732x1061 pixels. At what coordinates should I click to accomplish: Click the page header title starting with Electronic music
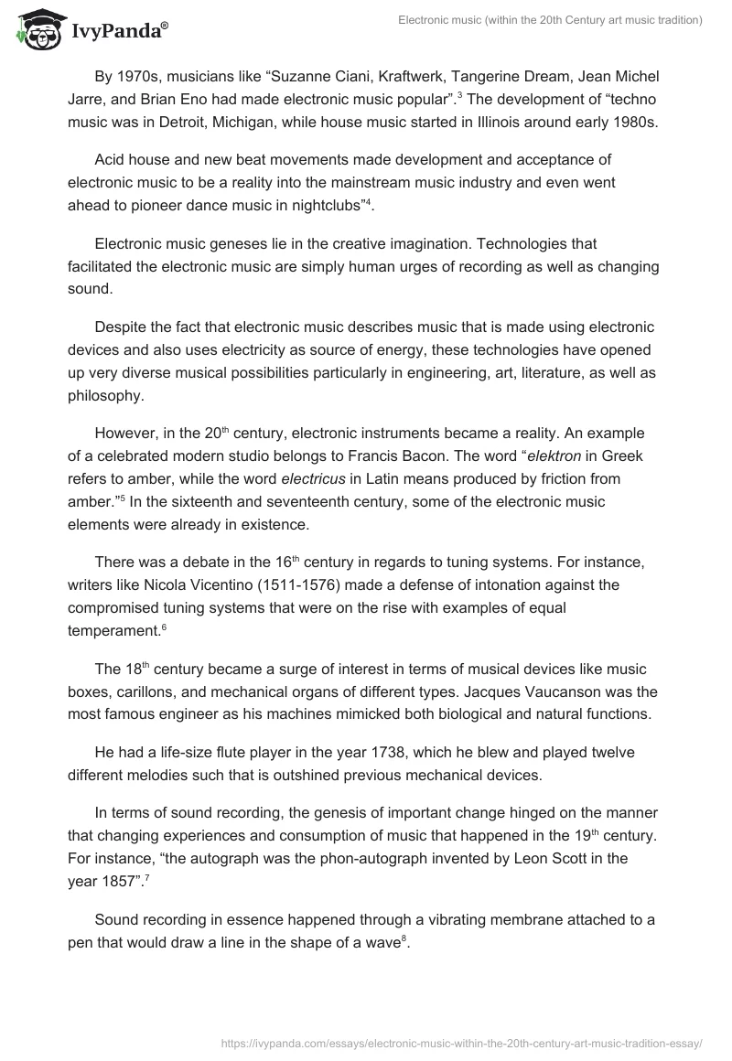coord(550,22)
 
